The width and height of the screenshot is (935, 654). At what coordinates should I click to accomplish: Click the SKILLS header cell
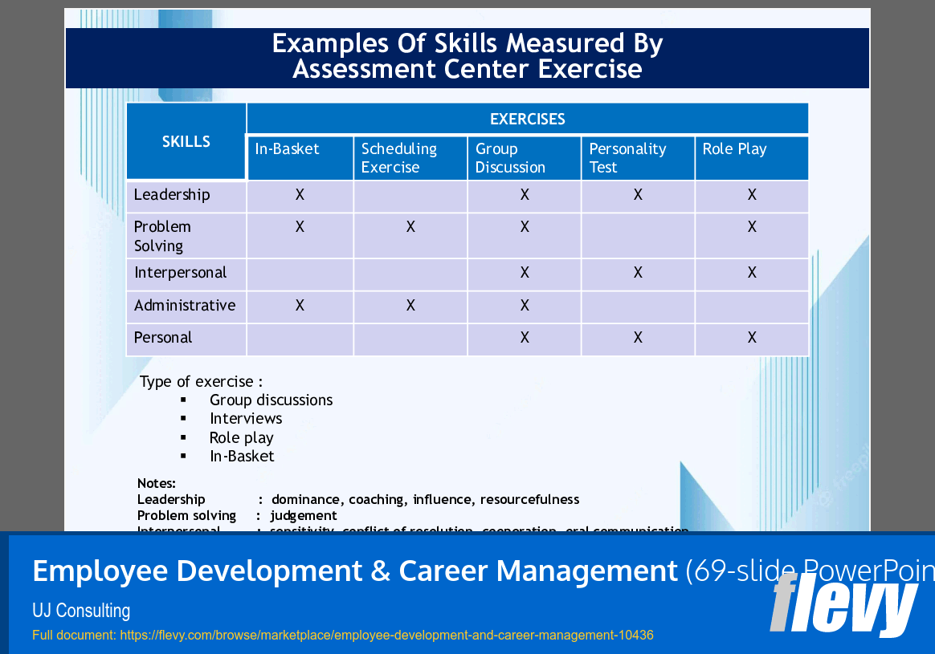click(x=186, y=141)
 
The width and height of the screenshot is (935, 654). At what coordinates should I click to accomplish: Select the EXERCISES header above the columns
click(x=527, y=119)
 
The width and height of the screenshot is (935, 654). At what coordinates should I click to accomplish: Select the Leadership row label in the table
click(x=172, y=195)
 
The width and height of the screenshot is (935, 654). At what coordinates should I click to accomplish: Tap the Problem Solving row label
click(x=162, y=236)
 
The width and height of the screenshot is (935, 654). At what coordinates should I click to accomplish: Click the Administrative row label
click(x=185, y=306)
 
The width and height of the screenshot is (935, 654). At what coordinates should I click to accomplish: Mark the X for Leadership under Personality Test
click(x=638, y=195)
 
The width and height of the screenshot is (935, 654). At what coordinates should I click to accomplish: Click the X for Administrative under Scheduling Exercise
click(x=410, y=306)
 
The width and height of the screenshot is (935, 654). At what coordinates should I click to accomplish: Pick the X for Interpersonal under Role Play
click(x=752, y=273)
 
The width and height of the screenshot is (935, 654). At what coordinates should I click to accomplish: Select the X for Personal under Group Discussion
click(x=525, y=338)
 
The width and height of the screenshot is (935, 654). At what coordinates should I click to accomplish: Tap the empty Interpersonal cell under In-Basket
click(x=300, y=274)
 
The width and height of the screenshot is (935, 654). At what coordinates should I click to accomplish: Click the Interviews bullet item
click(x=246, y=419)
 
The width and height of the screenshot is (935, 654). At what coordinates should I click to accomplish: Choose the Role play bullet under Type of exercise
click(x=241, y=438)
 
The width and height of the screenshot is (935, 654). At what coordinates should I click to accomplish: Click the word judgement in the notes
click(x=304, y=516)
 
